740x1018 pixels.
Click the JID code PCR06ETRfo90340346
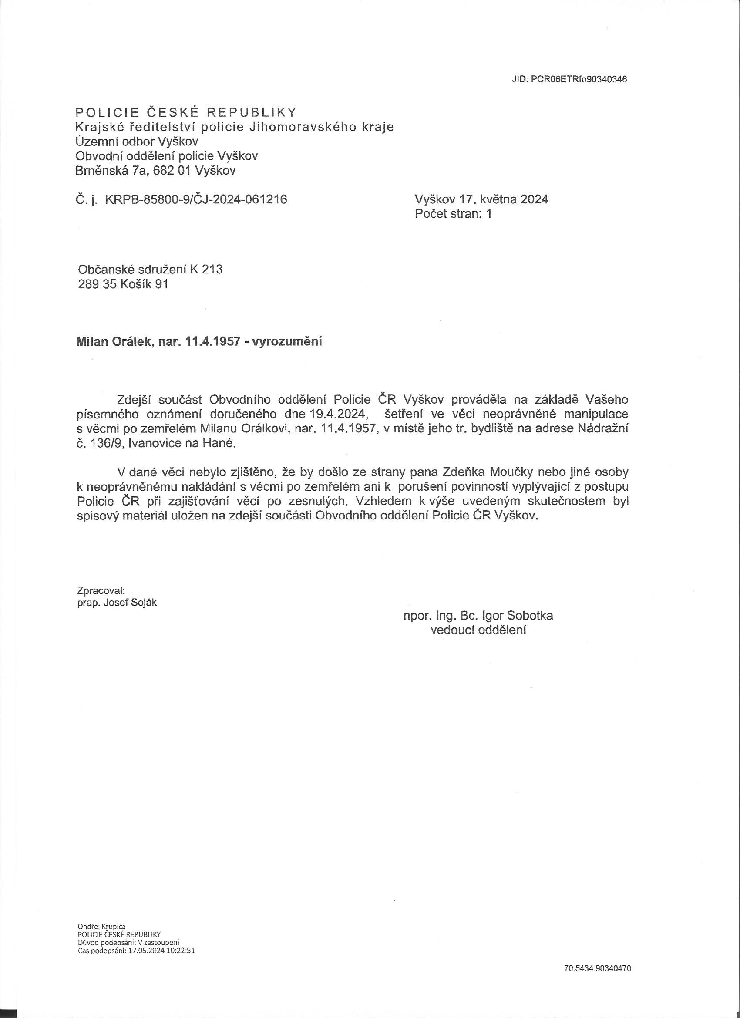[579, 79]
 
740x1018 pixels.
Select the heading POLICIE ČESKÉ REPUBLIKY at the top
[186, 112]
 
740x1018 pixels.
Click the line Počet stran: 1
[453, 214]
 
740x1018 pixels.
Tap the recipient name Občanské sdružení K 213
[150, 270]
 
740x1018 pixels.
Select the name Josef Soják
[130, 603]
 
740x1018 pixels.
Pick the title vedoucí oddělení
[478, 630]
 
